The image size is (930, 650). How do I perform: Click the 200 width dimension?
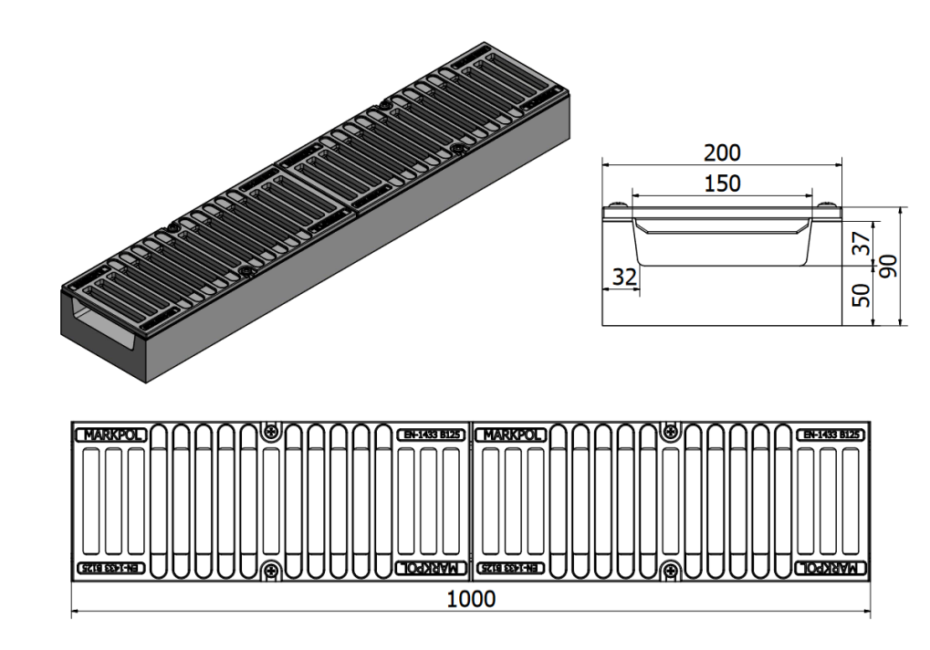tap(722, 153)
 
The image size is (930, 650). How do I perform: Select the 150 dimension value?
tap(723, 183)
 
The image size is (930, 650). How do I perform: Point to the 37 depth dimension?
tap(862, 242)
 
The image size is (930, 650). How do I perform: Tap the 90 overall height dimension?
tap(888, 266)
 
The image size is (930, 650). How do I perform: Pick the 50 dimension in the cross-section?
tap(862, 295)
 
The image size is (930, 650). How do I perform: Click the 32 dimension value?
tap(624, 277)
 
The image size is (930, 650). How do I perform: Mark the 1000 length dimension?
tap(470, 599)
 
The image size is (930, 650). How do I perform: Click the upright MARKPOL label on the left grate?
tap(111, 435)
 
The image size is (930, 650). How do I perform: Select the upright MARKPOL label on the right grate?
tap(511, 435)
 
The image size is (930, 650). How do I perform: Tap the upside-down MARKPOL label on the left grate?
tap(431, 568)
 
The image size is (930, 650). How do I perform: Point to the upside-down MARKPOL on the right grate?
tap(831, 568)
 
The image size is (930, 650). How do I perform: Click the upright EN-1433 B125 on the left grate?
tap(431, 435)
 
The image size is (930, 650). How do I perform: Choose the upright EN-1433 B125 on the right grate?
tap(831, 435)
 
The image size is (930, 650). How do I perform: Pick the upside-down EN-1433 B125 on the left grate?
tap(111, 568)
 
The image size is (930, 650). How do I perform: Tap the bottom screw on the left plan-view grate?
tap(271, 571)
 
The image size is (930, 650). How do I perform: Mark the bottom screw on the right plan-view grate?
tap(671, 571)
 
